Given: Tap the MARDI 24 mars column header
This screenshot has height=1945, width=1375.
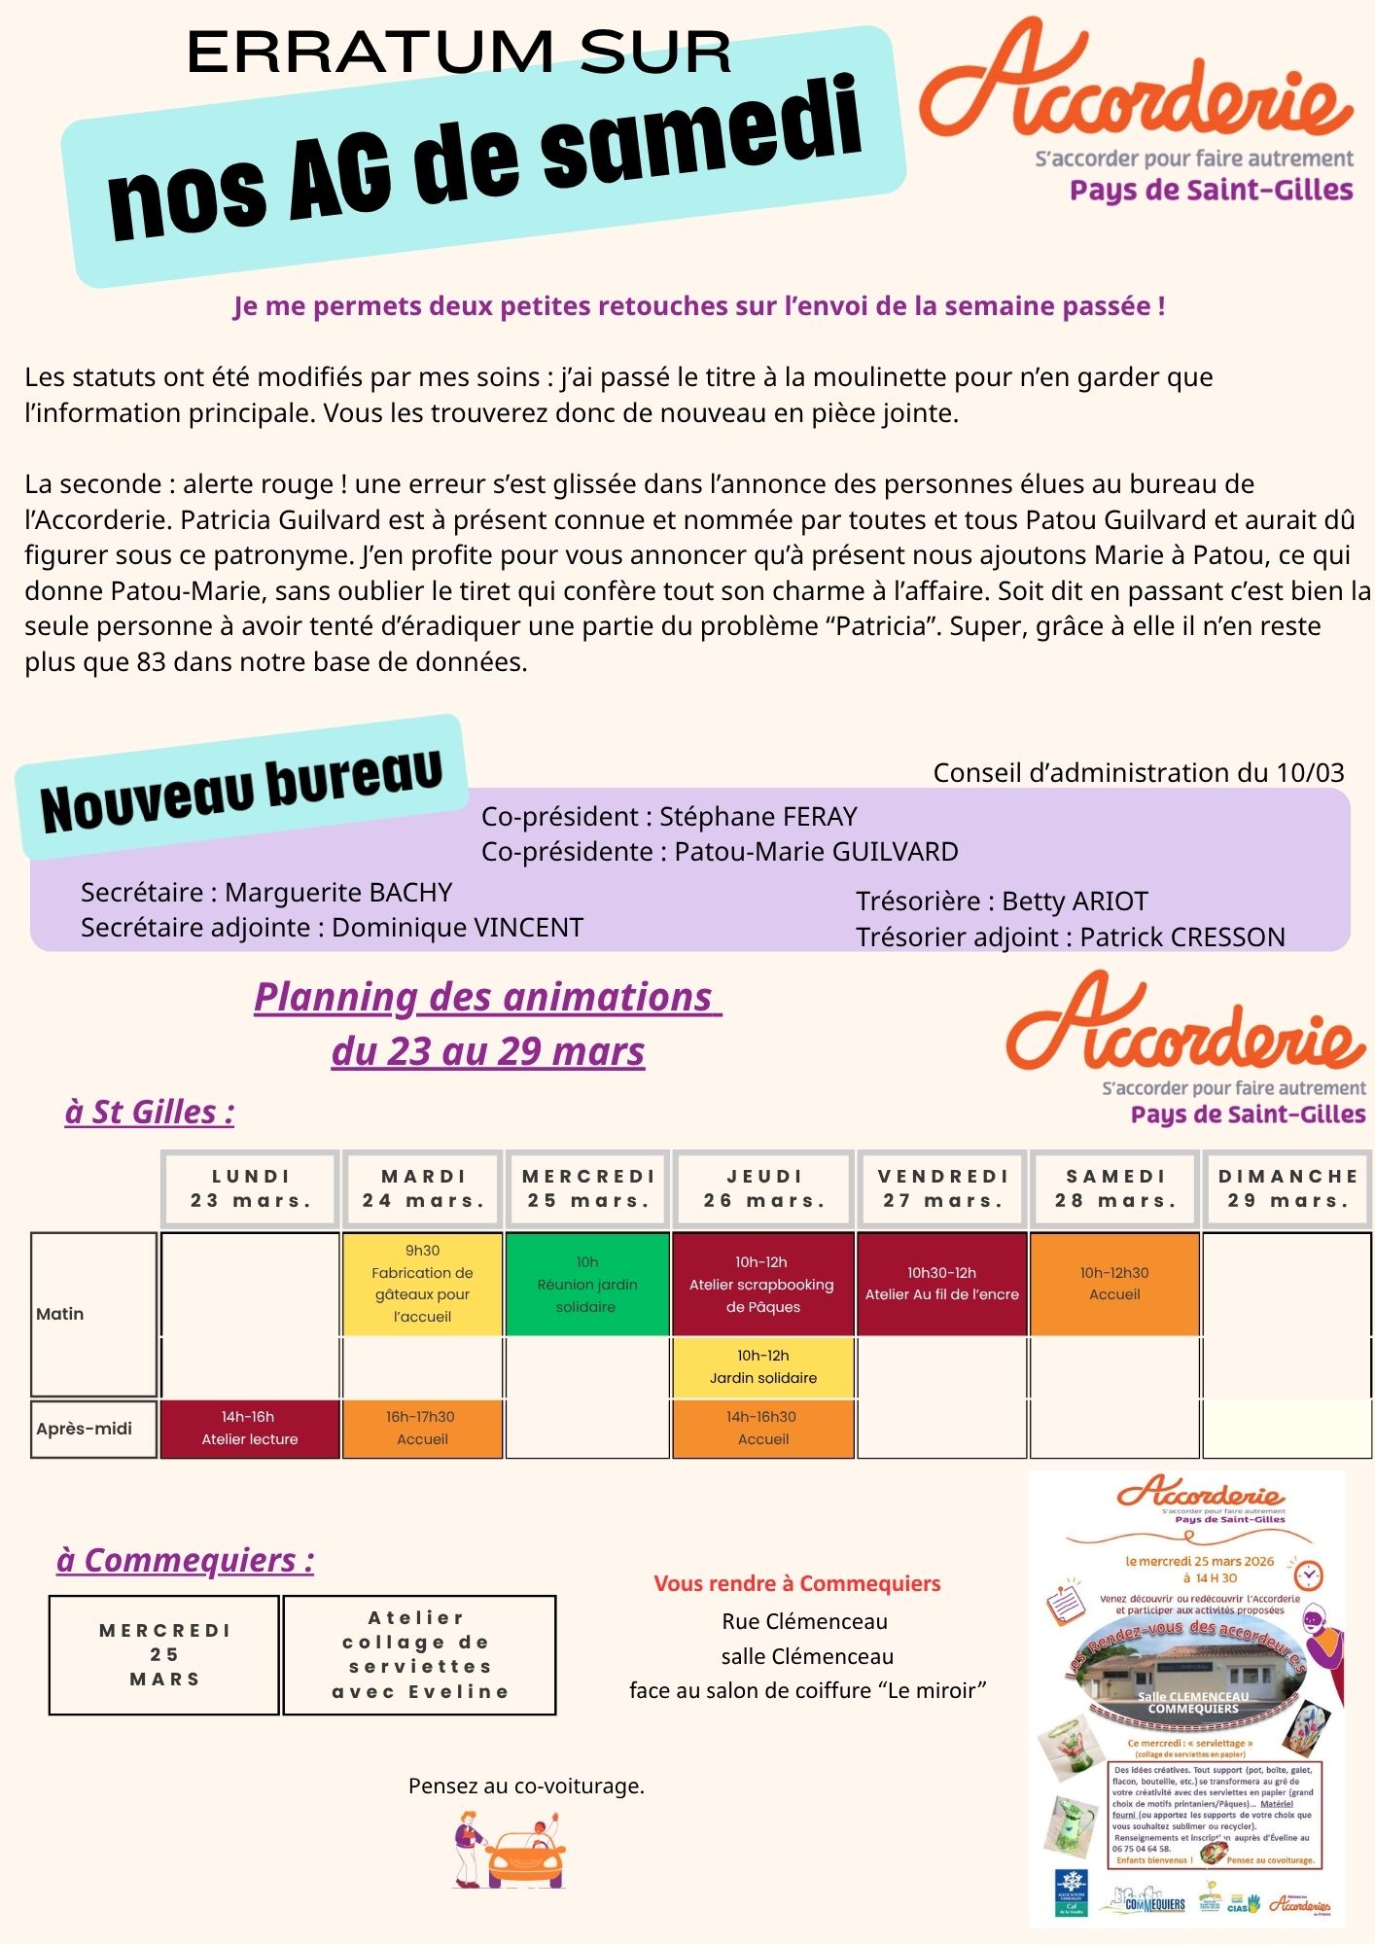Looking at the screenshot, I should pos(423,1188).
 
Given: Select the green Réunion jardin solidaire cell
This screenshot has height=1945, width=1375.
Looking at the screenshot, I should pos(587,1284).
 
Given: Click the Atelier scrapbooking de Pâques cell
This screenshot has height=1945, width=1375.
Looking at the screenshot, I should pos(762,1284).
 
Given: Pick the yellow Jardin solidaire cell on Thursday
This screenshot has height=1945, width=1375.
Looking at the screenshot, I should pos(762,1366).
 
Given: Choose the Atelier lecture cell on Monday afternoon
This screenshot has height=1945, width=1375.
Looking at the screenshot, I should pos(249,1428).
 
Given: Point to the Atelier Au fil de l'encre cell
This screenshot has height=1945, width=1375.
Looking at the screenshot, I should pos(941,1284).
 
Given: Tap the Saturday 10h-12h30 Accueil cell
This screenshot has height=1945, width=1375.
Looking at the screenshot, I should pos(1114,1284).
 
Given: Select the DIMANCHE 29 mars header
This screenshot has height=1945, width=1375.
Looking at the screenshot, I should pos(1287,1188).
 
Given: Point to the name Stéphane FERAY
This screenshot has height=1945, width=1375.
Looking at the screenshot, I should pos(758,816).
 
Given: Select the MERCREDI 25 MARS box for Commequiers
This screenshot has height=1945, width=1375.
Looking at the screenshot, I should pos(164,1654).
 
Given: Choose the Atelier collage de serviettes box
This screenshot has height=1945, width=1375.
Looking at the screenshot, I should pos(419,1654).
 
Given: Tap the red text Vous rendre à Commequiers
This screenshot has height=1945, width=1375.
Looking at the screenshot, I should pos(797,1583).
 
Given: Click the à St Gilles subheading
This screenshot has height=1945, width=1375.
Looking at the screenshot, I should pos(150,1112).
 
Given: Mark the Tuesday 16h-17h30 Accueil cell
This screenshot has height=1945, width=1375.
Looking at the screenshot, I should pos(422,1428).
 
